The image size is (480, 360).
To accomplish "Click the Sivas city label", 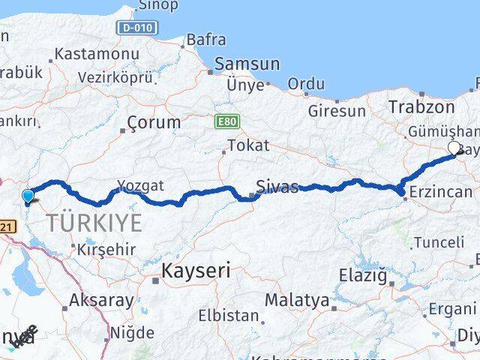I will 277,187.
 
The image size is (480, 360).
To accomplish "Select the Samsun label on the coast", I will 247,64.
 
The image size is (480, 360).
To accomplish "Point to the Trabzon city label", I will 421,107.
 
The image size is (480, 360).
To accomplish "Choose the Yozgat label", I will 140,185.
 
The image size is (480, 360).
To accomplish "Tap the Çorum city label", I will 154,121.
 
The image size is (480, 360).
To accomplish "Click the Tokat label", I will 247,145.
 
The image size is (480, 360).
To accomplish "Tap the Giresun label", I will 337,111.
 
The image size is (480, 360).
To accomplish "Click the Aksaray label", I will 101,301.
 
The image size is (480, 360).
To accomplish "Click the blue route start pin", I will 28,197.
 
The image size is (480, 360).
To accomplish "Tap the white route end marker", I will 454,148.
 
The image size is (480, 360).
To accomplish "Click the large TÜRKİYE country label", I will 94,223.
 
